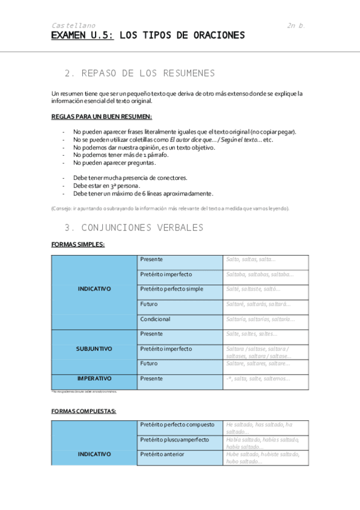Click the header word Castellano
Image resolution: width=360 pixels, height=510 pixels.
73,26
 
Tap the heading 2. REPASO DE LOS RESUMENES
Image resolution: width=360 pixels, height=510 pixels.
139,73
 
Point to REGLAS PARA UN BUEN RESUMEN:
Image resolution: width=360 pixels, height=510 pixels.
102,117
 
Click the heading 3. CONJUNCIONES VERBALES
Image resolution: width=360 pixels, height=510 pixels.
133,228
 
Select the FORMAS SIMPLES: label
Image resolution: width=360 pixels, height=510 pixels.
78,245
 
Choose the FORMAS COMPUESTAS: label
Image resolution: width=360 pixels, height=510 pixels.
84,411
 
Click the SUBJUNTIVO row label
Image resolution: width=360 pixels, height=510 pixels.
94,349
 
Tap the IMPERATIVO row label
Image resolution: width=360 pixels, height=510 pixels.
94,379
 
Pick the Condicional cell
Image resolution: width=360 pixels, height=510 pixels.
155,319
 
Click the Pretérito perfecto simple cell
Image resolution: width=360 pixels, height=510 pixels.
171,289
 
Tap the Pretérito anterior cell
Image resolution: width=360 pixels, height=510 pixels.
162,454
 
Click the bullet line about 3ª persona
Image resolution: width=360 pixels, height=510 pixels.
106,186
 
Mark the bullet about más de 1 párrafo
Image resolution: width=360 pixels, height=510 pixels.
112,155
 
